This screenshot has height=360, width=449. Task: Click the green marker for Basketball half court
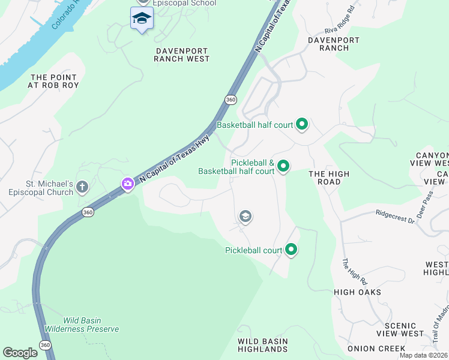302,125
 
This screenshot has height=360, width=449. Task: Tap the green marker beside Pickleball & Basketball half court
283,166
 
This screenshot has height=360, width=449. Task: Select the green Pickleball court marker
291,249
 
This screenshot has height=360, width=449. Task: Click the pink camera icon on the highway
127,184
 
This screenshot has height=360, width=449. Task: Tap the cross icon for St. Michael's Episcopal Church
82,188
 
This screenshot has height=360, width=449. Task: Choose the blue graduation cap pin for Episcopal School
142,19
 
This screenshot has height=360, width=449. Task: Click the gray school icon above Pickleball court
245,216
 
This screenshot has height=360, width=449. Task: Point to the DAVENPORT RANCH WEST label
181,54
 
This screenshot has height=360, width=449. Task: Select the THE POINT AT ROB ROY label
53,82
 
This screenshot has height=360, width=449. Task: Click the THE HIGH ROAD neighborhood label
328,178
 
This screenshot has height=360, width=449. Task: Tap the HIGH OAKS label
357,292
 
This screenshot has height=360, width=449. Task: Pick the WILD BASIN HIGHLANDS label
262,345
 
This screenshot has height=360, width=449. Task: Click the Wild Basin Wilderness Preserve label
91,325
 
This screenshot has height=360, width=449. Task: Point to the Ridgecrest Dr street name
395,215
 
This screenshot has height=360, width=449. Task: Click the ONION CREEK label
376,349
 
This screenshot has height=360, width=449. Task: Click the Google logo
20,352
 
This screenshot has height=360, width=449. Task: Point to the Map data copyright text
423,355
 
